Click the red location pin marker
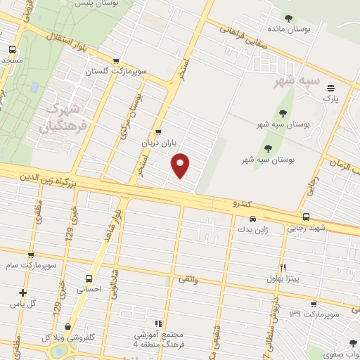coord(181,164)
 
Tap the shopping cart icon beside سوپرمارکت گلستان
coord(117,60)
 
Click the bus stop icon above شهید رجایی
coord(305,217)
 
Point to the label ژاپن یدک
coord(251,229)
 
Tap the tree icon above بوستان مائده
coord(287,18)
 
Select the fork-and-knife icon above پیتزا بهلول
coord(283,267)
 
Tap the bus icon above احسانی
coord(89,278)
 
